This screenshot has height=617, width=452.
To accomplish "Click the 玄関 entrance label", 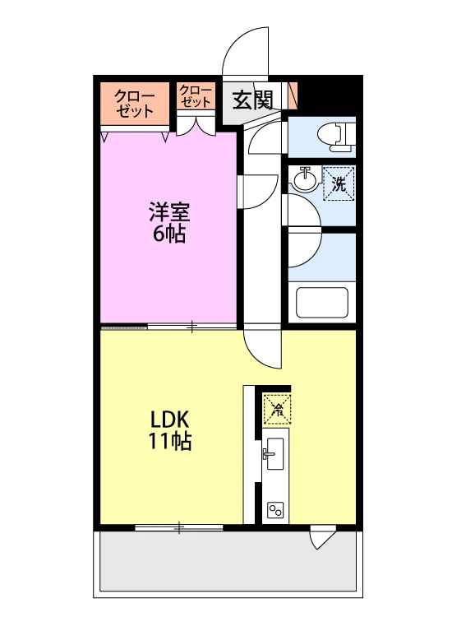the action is pyautogui.click(x=252, y=100).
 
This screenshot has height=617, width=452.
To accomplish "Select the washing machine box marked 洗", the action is pyautogui.click(x=339, y=183).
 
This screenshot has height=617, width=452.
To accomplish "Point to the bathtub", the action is pyautogui.click(x=322, y=302).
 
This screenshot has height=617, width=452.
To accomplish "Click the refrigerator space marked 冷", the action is pyautogui.click(x=278, y=410).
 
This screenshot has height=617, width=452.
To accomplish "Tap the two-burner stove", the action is pyautogui.click(x=275, y=510).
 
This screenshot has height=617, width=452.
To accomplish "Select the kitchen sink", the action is pyautogui.click(x=274, y=454).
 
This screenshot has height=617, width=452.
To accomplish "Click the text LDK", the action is pyautogui.click(x=170, y=420).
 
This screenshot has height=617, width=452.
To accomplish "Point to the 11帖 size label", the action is pyautogui.click(x=169, y=441).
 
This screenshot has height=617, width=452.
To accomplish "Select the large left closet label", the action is pyautogui.click(x=135, y=104).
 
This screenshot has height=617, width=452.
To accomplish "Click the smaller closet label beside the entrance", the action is pyautogui.click(x=196, y=96).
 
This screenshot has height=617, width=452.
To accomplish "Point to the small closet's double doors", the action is pyautogui.click(x=196, y=125).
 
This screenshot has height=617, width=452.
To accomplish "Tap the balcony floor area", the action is pyautogui.click(x=228, y=560).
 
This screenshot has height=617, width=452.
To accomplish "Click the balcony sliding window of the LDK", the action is pyautogui.click(x=179, y=527).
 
